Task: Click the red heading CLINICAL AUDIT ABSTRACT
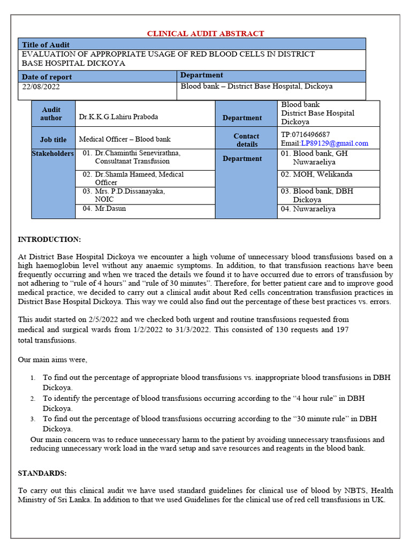coord(205,34)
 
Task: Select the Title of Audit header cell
coord(46,45)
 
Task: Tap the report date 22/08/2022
coord(41,86)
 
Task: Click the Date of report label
coord(47,77)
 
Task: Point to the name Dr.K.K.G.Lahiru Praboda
coord(118,117)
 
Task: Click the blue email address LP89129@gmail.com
coord(334,143)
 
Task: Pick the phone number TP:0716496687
coord(305,134)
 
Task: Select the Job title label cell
coord(54,140)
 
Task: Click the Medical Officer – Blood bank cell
coord(125,139)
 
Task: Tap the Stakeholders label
coord(53,154)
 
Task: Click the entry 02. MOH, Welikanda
coord(316,174)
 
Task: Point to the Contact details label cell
coord(246,140)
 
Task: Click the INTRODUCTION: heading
coord(50,239)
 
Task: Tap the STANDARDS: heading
coord(42,474)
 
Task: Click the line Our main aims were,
coord(52,359)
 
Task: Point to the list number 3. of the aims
coord(33,418)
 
